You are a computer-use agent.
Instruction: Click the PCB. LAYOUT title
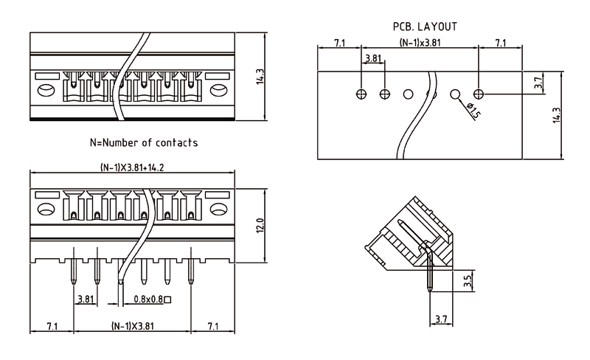point(425,27)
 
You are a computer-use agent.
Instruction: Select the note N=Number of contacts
point(143,142)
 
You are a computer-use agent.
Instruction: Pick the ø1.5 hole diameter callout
point(473,110)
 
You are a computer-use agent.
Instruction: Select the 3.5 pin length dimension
point(467,281)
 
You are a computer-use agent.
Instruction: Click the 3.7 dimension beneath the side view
point(440,319)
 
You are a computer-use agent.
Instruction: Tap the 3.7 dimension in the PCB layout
point(539,83)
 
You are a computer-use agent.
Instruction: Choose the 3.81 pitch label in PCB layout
point(372,58)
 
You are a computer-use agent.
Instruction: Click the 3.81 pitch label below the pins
point(85,300)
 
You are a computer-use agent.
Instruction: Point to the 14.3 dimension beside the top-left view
point(260,76)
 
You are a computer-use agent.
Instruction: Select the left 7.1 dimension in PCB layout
point(339,43)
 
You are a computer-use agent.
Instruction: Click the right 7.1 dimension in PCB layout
point(500,43)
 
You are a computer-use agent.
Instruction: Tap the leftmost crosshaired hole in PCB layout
point(361,94)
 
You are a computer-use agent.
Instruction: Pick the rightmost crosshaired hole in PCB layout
point(479,94)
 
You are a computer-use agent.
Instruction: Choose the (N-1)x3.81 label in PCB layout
point(420,43)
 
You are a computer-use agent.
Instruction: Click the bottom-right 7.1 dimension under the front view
point(212,325)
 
